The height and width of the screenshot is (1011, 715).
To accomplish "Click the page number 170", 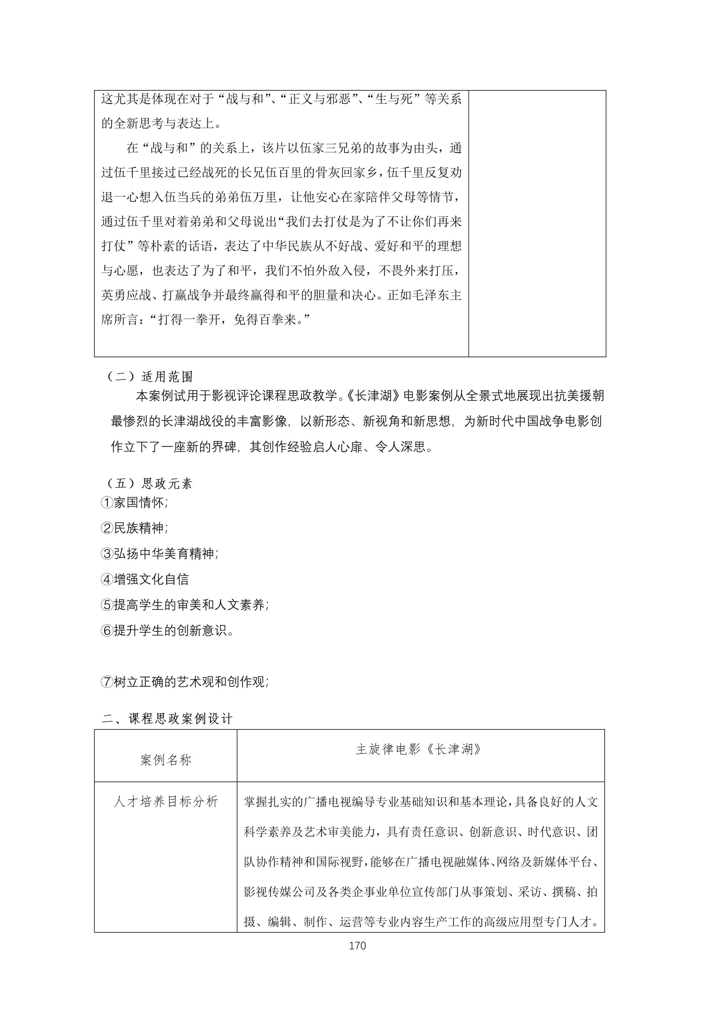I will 357,945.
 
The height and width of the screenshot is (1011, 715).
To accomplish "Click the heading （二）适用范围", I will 150,376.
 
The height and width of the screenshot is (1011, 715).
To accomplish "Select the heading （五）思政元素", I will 150,483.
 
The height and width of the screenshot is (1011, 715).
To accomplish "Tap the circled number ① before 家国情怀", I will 107,503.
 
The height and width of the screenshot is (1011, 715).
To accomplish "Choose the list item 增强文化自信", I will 151,579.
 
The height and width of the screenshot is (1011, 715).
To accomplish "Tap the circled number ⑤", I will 107,605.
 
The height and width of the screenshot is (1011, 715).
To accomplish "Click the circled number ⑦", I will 107,682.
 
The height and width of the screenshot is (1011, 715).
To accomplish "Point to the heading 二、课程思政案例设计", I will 167,719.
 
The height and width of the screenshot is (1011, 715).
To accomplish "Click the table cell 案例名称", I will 165,760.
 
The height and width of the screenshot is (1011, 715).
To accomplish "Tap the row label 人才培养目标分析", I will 165,801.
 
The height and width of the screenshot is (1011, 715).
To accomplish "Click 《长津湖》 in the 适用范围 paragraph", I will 373,396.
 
